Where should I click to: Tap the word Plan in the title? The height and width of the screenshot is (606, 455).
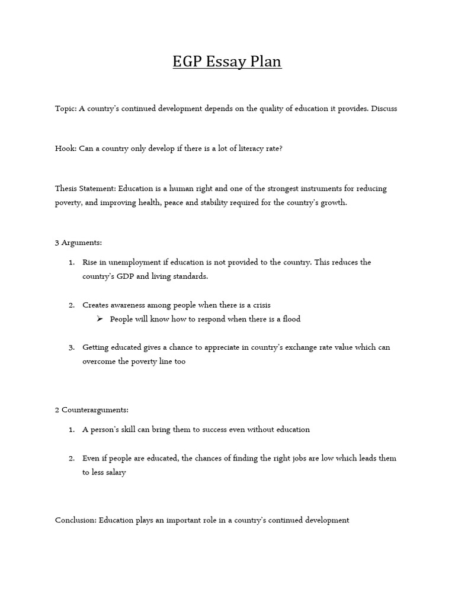pos(264,62)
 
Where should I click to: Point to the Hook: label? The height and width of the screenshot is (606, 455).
pos(65,149)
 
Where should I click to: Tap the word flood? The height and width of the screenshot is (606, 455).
pos(290,319)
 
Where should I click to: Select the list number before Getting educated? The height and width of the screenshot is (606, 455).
pos(71,347)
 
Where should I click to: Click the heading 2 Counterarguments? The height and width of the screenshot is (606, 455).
pos(91,410)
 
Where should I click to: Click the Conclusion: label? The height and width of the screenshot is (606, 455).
pos(76,520)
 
